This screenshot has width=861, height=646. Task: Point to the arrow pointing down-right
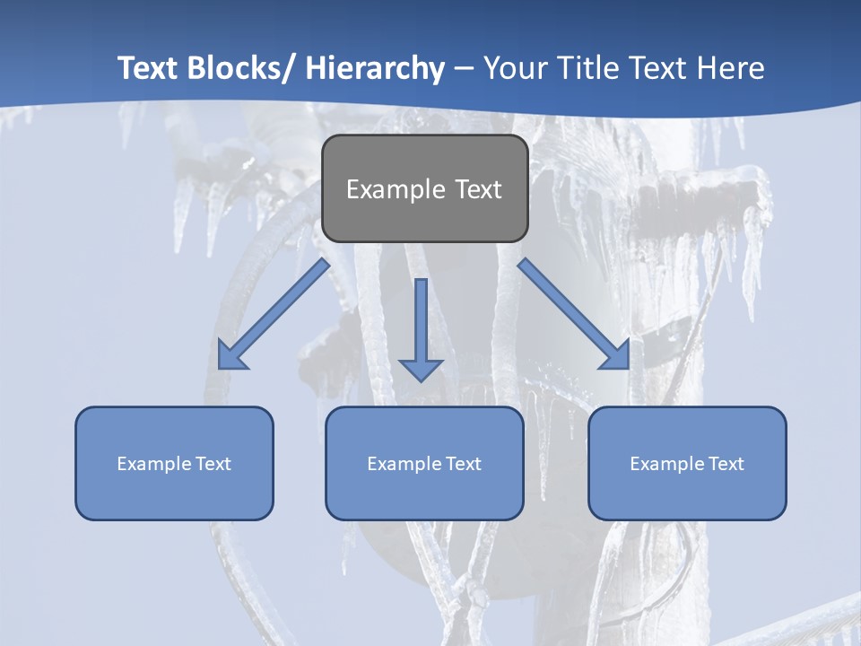click(574, 314)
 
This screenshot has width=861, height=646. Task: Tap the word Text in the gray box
click(478, 189)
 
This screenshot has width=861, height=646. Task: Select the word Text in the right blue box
click(726, 464)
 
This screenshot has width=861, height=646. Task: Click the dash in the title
click(464, 68)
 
